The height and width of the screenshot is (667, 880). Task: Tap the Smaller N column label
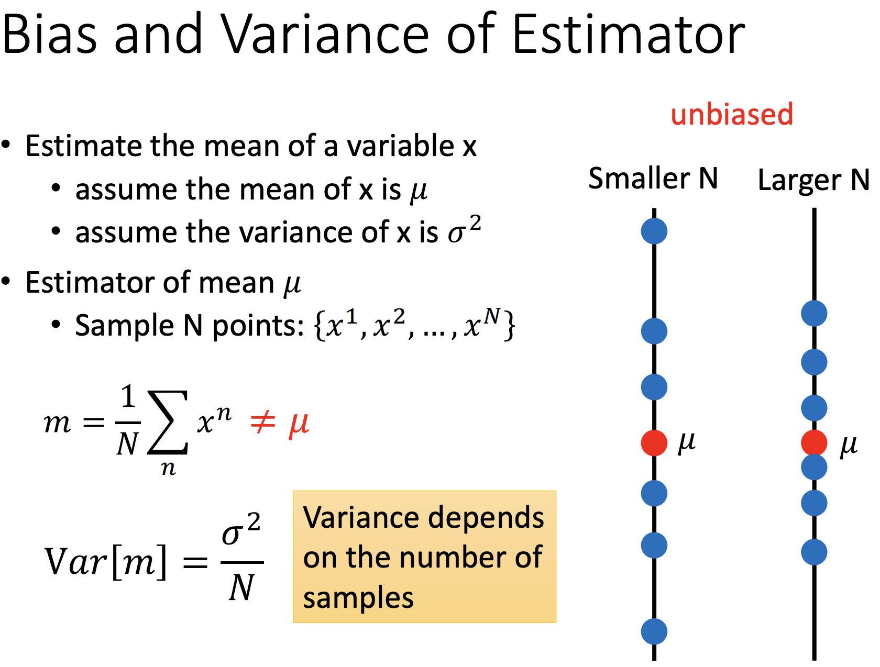point(653,178)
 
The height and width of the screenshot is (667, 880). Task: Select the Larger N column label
point(813,180)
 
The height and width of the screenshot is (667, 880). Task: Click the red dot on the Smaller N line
point(654,443)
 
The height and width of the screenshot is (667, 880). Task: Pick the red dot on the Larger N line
point(814,443)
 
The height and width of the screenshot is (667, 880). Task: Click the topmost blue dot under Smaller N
point(654,231)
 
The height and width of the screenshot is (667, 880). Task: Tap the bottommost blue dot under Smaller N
point(654,632)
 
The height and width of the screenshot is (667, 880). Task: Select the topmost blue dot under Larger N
point(814,313)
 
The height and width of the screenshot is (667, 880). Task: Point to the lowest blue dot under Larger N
point(814,552)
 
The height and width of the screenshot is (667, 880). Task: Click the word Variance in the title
point(324,34)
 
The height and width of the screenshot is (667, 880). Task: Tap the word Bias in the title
point(49,34)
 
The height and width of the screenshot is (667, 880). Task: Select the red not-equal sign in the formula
point(262,422)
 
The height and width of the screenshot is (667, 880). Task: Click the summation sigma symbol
point(168,422)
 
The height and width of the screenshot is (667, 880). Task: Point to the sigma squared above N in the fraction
point(241,530)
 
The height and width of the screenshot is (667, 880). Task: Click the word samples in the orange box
point(358,598)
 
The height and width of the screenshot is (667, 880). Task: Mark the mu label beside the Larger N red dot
point(849,446)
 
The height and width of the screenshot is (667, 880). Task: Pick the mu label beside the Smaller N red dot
point(686,443)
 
